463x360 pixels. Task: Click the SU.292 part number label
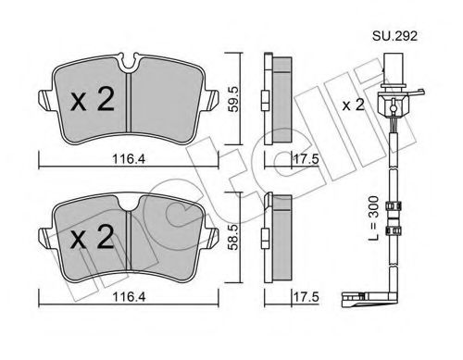click(394, 36)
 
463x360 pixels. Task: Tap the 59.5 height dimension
click(232, 99)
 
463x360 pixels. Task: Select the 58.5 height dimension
click(232, 237)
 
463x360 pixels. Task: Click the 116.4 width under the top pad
click(129, 159)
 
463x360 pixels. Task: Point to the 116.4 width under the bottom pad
click(129, 297)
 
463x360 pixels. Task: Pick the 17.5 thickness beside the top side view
click(306, 159)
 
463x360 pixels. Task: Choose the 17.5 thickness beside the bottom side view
click(306, 297)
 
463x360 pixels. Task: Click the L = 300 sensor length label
click(373, 218)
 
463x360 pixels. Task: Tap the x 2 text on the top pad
click(93, 99)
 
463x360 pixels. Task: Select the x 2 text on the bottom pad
click(93, 237)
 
